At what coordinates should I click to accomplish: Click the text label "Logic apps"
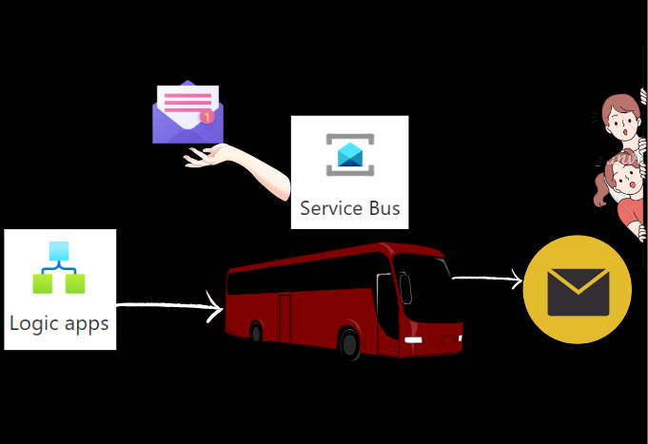tap(59, 322)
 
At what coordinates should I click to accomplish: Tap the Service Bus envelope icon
tap(350, 155)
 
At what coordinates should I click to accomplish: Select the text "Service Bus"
tap(350, 207)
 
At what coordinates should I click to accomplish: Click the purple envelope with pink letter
tap(187, 112)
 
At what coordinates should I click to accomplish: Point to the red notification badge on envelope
tap(206, 118)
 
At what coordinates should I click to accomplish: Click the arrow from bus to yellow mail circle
tap(486, 279)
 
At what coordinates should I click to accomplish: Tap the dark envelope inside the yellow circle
tap(578, 290)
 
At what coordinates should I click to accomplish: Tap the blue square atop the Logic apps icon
tap(59, 251)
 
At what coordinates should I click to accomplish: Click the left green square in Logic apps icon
tap(44, 282)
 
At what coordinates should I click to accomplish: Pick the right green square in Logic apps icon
tap(74, 282)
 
